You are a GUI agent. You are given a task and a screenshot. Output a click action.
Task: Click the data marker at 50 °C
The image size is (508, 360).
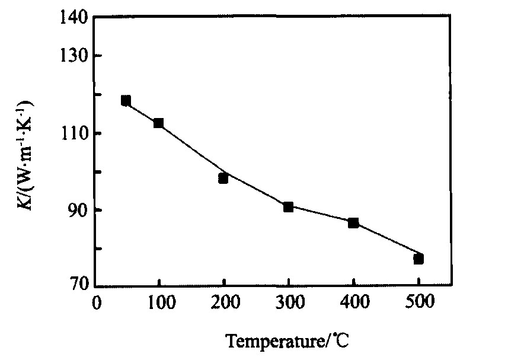(x=126, y=100)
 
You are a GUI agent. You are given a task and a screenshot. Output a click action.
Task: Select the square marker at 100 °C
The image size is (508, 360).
(x=158, y=123)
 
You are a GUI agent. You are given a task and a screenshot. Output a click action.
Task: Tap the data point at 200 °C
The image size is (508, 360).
(x=223, y=178)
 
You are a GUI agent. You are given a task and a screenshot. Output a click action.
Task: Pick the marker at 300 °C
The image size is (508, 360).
(x=288, y=207)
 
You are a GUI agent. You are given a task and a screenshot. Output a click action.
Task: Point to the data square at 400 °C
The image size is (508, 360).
(x=353, y=223)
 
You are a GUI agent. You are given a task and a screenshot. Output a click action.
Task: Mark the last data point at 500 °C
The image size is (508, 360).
(x=418, y=259)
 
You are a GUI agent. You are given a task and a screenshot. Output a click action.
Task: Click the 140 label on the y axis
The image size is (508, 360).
(x=75, y=18)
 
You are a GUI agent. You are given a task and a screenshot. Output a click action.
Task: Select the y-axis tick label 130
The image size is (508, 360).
(x=75, y=56)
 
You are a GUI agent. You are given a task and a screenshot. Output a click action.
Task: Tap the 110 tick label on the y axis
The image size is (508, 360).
(x=75, y=133)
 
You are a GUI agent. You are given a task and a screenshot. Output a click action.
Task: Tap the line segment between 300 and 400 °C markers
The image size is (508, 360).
(x=321, y=215)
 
